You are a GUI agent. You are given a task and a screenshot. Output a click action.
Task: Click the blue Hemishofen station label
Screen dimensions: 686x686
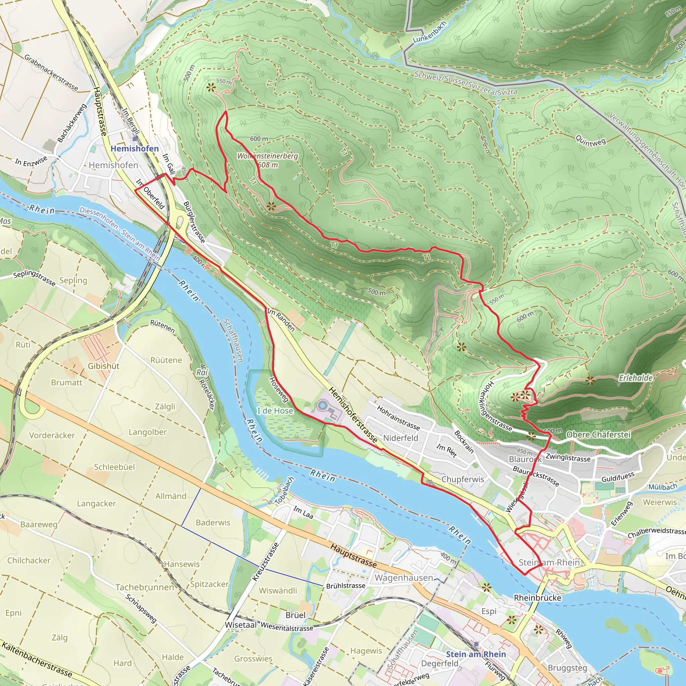point(135,148)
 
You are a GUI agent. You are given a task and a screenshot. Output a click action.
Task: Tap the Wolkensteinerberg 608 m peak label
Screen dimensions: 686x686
point(268,160)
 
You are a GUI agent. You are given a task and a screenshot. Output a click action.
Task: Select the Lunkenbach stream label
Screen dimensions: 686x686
point(429,32)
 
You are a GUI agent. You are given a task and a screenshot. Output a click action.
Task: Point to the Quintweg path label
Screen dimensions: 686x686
point(591,141)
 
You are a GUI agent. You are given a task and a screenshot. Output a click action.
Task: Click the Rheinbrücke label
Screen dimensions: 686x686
point(537,598)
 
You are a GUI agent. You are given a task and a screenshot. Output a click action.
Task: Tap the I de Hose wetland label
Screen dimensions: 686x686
point(275,411)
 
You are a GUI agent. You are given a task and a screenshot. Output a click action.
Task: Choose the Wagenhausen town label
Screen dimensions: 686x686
point(404,578)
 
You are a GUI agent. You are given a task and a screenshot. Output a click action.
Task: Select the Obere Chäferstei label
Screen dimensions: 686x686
point(599,434)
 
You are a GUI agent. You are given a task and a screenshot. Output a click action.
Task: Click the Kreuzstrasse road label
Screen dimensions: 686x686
point(265,562)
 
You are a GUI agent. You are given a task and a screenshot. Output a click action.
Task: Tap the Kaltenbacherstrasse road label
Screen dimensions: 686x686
point(37,659)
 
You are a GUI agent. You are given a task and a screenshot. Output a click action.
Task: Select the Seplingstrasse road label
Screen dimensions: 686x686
point(35,278)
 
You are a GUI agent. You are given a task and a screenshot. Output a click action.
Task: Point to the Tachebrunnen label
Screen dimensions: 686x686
point(144,587)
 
